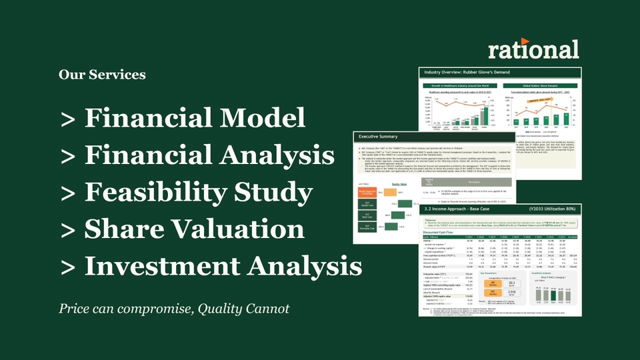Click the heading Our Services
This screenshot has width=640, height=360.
point(102,75)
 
